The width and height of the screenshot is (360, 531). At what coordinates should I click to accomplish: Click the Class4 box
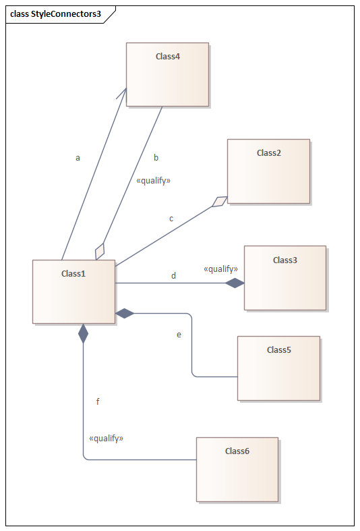click(x=167, y=74)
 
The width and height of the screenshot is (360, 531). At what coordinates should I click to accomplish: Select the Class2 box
click(x=268, y=171)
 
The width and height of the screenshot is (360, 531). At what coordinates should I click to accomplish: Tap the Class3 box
click(x=285, y=278)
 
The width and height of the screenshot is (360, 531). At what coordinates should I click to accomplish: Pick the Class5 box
click(x=279, y=368)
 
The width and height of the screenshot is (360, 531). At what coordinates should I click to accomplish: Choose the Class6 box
click(x=237, y=470)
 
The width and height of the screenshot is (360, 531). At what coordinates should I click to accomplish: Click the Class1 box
click(x=73, y=292)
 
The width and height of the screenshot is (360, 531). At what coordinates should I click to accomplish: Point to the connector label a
click(x=78, y=158)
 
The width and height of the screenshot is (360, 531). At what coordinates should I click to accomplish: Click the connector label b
click(x=156, y=157)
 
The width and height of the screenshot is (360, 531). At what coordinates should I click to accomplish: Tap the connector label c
click(x=171, y=219)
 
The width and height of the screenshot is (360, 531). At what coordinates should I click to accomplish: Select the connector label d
click(x=173, y=276)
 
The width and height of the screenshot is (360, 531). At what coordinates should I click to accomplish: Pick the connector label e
click(x=179, y=335)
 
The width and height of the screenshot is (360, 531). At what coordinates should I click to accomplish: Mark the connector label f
click(x=98, y=401)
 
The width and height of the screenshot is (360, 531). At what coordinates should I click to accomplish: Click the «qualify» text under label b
click(x=153, y=181)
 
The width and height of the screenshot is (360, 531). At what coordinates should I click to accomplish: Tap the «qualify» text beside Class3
click(x=220, y=269)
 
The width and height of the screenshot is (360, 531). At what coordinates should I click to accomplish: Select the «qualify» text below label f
click(x=107, y=439)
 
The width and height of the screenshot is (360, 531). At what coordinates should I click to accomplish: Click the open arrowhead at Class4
click(x=123, y=95)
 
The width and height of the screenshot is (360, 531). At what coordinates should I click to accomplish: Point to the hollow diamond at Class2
click(x=220, y=202)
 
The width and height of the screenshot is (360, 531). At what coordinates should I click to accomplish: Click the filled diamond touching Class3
click(x=235, y=283)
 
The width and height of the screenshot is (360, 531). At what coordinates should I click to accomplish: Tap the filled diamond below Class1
click(x=83, y=333)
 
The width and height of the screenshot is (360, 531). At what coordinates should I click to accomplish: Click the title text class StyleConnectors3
click(x=55, y=14)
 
